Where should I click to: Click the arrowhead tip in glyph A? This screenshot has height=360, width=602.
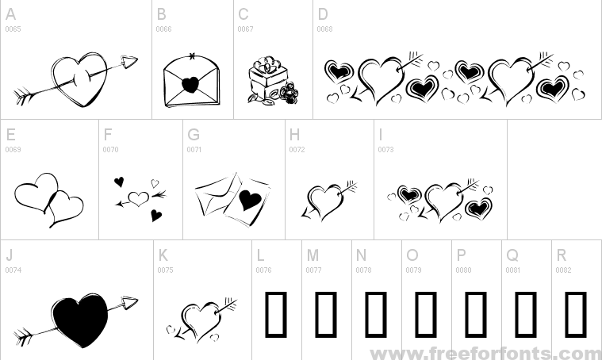tap(137, 59)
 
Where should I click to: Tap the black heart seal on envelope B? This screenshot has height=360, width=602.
tap(190, 85)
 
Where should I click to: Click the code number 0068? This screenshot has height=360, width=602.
tap(324, 29)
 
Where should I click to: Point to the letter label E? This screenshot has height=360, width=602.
tap(11, 135)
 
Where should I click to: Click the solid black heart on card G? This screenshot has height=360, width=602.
tap(250, 200)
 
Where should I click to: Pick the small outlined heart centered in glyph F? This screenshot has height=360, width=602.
tap(138, 198)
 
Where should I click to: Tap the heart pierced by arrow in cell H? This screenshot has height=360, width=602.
tap(326, 201)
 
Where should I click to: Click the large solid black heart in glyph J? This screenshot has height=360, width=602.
tap(80, 321)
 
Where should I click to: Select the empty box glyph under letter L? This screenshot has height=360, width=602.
tap(276, 314)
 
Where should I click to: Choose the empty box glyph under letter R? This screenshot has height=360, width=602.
tap(576, 314)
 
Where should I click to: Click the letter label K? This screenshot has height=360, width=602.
tap(163, 255)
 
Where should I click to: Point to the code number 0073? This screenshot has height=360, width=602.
tap(385, 149)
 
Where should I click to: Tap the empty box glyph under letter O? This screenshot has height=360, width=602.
tap(426, 314)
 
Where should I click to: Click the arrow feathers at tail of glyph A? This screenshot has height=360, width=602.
tap(23, 96)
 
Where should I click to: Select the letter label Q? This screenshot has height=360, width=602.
tap(512, 255)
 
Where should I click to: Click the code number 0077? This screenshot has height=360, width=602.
tap(313, 270)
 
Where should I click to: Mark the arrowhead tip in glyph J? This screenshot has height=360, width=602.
tap(138, 300)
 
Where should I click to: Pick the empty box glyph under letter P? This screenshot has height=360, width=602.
tap(476, 314)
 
